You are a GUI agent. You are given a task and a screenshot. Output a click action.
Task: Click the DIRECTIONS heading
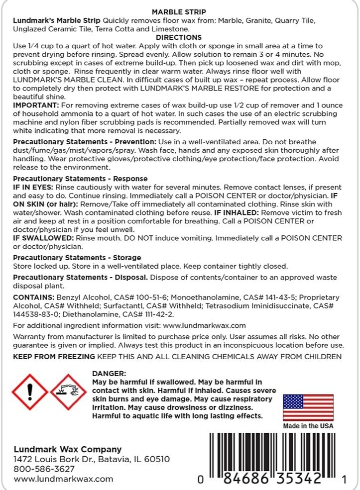tap(179, 37)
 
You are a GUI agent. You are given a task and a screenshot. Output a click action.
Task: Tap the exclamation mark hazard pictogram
tap(30, 392)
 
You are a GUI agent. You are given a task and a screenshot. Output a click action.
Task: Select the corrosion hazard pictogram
tap(69, 392)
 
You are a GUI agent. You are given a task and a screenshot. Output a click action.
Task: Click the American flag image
tap(308, 407)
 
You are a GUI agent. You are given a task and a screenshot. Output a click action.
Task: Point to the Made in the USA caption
tap(308, 426)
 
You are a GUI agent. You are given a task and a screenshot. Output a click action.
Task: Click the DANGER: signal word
tap(110, 374)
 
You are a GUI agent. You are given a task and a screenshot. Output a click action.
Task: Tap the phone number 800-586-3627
tap(44, 469)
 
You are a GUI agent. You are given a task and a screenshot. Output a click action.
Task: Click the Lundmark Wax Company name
tap(68, 449)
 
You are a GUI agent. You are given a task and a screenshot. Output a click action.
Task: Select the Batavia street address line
tap(92, 459)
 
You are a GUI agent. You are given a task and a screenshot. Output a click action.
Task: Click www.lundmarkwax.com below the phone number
tap(63, 479)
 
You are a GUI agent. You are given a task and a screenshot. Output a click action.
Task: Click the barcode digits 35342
tap(300, 479)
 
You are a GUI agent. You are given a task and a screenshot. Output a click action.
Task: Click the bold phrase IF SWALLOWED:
tap(43, 238)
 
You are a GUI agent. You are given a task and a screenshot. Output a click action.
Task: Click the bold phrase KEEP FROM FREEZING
tap(54, 356)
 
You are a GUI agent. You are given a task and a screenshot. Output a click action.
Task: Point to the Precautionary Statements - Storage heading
tap(77, 258)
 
